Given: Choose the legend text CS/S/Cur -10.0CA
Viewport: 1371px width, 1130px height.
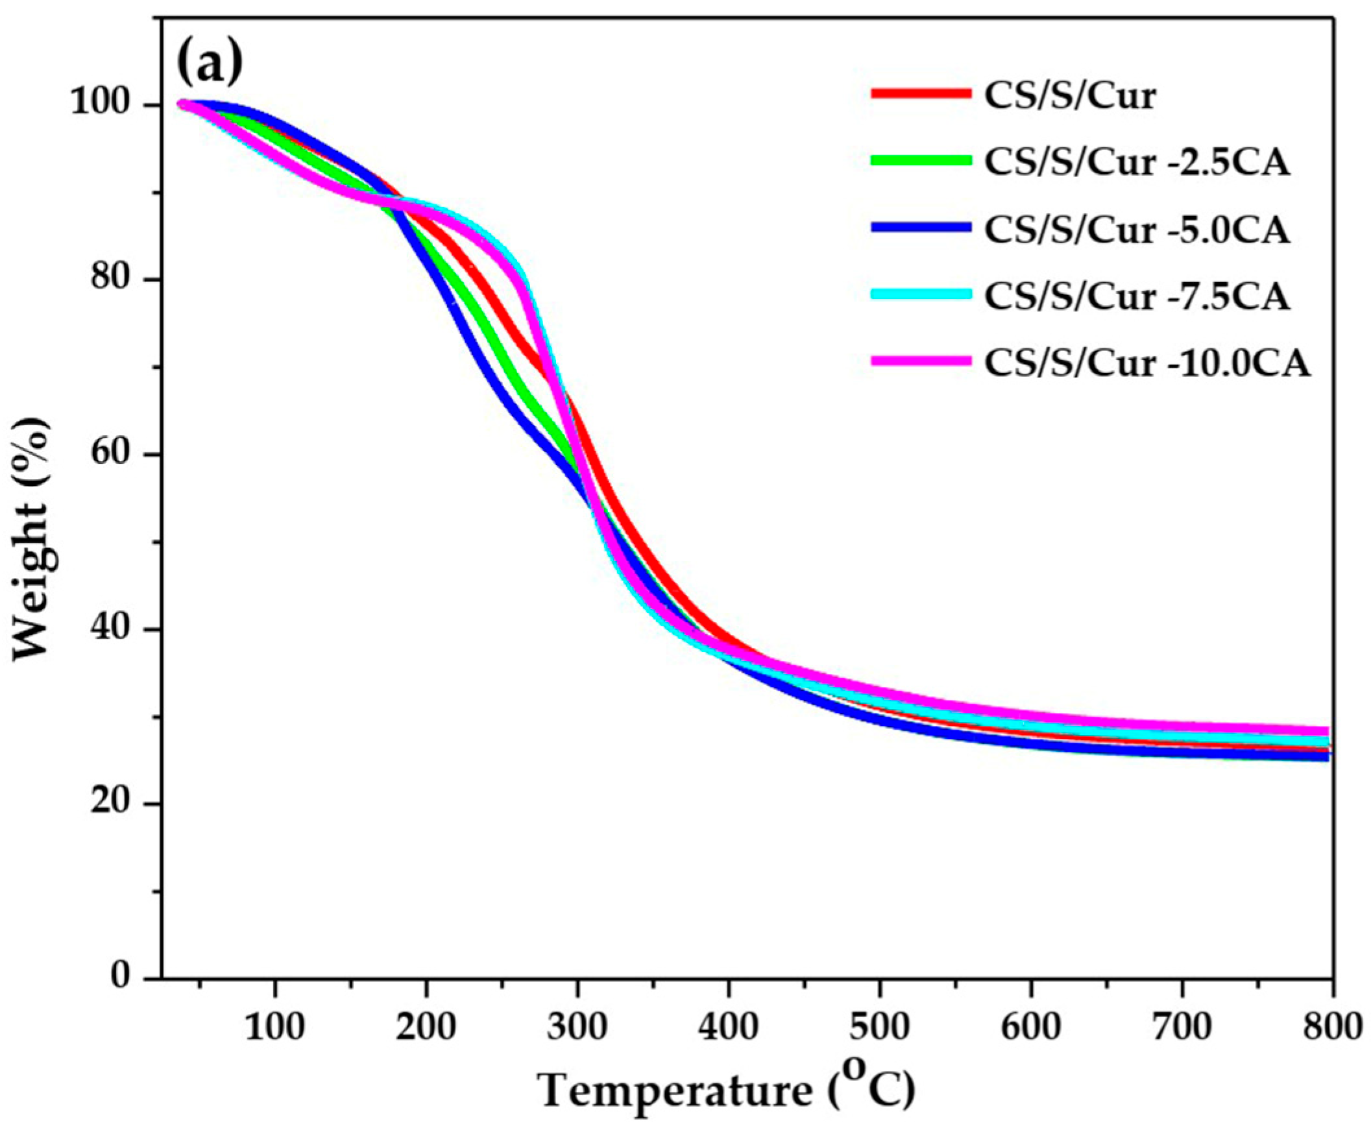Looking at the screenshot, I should point(1146,363).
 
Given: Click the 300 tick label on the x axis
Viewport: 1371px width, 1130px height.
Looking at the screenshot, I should point(577,1029).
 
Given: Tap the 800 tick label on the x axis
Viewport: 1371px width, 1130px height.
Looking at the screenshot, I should point(1332,1029).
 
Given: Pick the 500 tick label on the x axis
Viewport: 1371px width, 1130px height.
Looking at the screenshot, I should point(879,1029).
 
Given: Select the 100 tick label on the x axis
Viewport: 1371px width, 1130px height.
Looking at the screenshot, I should point(274,1029).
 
